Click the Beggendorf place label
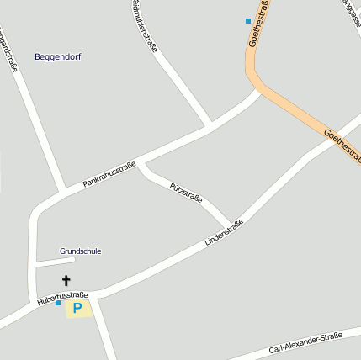58,56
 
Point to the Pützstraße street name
186,192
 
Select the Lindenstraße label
224,232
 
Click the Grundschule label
81,251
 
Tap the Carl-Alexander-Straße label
305,343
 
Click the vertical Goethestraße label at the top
260,24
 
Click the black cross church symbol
66,280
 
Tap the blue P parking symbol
77,309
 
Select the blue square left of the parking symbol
58,303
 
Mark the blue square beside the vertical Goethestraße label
247,20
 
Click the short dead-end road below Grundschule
55,262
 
